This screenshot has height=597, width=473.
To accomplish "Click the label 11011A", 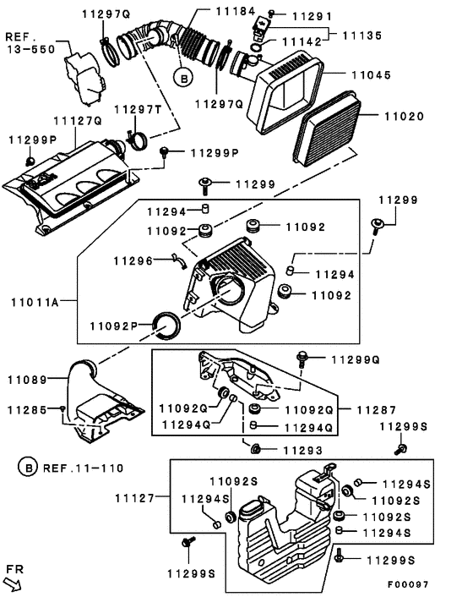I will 39,302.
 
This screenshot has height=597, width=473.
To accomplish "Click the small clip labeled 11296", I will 178,261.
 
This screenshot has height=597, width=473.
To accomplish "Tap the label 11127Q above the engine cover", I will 77,121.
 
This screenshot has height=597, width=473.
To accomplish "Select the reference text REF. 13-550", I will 30,43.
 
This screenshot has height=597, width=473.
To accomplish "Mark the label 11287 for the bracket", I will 374,408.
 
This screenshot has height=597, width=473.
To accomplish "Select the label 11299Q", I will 355,359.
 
